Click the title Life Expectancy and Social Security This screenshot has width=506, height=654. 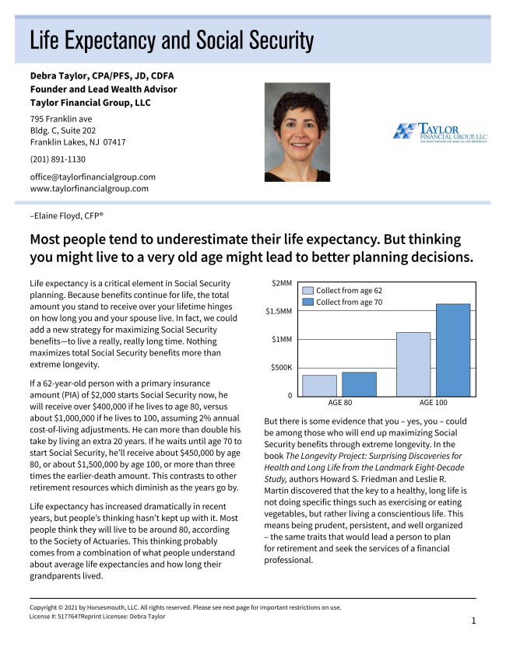pyautogui.click(x=171, y=40)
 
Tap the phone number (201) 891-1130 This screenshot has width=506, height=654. pyautogui.click(x=58, y=159)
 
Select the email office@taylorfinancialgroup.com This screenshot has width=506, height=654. pyautogui.click(x=93, y=177)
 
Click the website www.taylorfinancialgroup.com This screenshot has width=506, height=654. pyautogui.click(x=89, y=188)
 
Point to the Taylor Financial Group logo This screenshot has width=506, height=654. pyautogui.click(x=439, y=131)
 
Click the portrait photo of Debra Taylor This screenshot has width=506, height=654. pyautogui.click(x=297, y=132)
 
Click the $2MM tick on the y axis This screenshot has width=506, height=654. pyautogui.click(x=281, y=283)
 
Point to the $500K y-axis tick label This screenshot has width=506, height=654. pyautogui.click(x=279, y=367)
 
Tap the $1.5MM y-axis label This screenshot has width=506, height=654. pyautogui.click(x=279, y=311)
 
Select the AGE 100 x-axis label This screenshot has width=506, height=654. pyautogui.click(x=434, y=403)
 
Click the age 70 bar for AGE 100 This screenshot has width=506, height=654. pyautogui.click(x=453, y=350)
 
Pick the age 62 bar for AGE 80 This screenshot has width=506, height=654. pyautogui.click(x=319, y=386)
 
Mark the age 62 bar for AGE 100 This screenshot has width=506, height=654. pyautogui.click(x=413, y=364)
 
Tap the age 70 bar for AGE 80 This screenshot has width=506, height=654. pyautogui.click(x=359, y=384)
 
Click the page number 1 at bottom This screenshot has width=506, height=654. pyautogui.click(x=473, y=621)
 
